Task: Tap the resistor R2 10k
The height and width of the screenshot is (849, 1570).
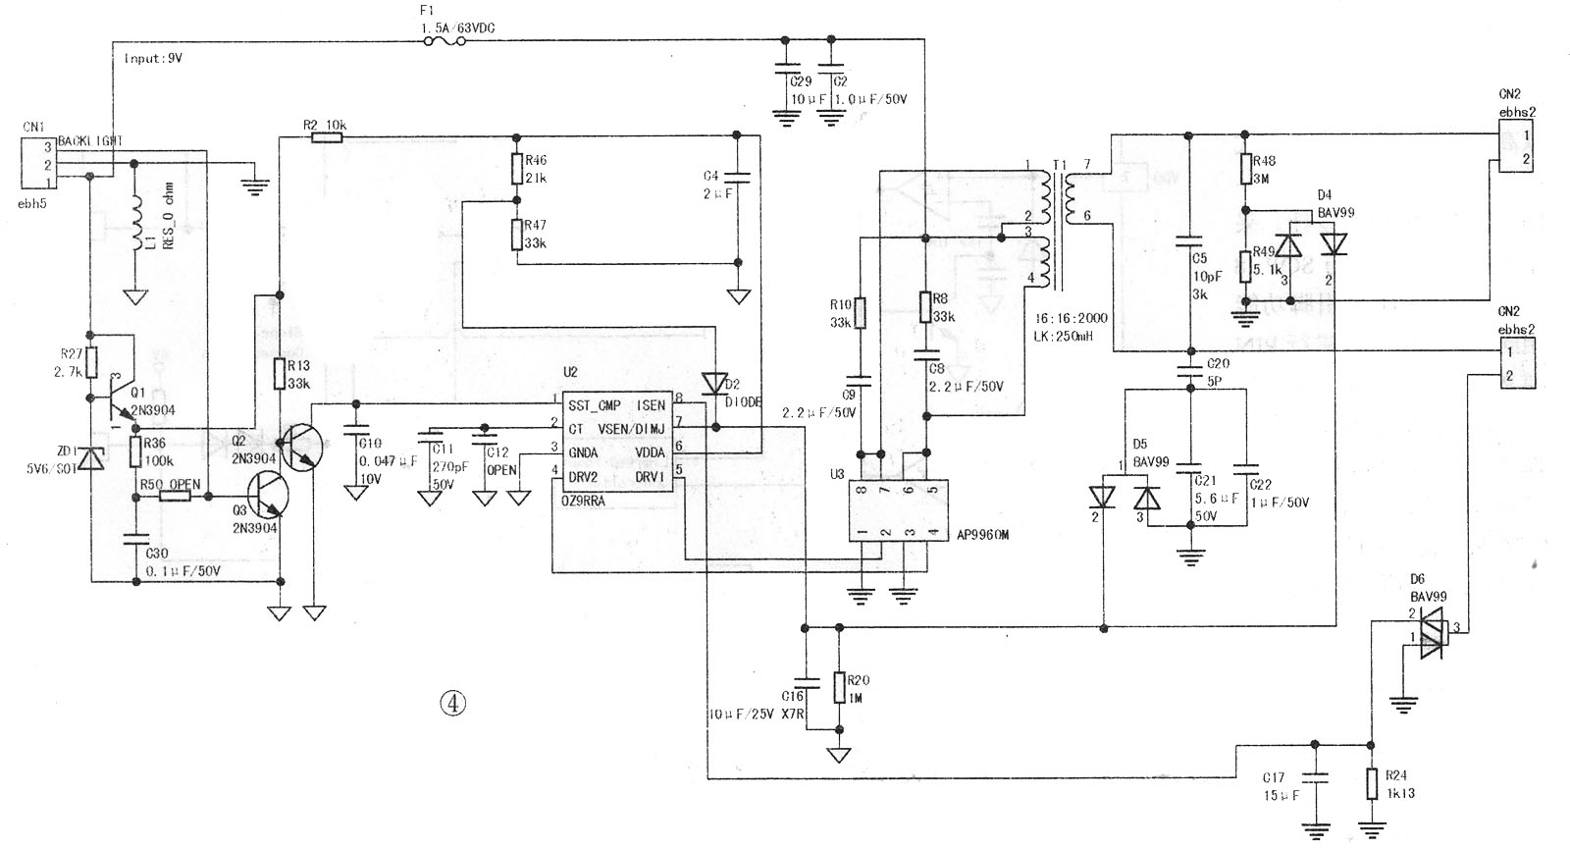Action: coord(327,138)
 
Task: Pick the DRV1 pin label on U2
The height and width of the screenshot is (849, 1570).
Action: coord(650,476)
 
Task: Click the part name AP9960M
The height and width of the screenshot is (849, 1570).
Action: coord(983,535)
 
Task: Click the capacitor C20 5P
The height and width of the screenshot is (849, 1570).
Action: coord(1190,370)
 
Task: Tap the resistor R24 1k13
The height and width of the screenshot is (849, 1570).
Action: coord(1372,785)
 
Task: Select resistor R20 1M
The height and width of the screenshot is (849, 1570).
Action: coord(838,687)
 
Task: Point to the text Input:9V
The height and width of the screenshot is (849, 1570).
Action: coord(153,58)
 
